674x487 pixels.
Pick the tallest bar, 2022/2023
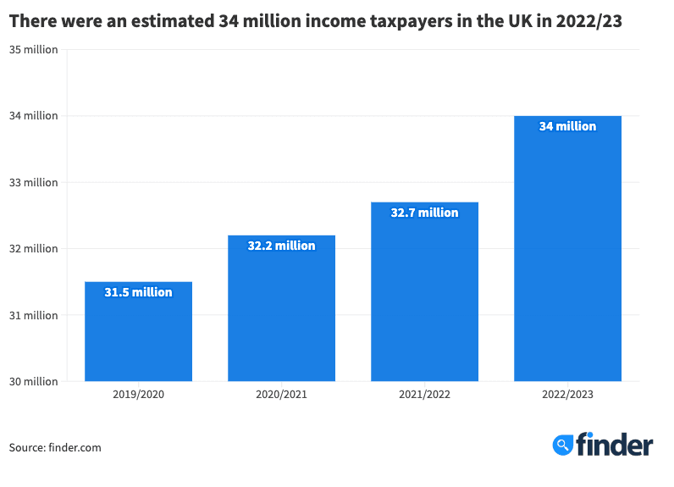point(567,254)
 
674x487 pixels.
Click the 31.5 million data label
point(138,292)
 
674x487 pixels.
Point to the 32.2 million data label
point(281,246)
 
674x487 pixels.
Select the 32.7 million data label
point(424,213)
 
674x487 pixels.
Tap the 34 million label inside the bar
point(567,126)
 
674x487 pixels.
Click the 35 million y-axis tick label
point(34,49)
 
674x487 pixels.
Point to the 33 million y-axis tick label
point(34,182)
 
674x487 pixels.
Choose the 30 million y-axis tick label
point(34,382)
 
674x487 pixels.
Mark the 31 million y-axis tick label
point(34,315)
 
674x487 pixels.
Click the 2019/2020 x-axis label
point(138,396)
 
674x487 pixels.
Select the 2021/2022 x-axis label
point(424,396)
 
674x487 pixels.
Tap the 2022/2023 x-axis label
point(567,396)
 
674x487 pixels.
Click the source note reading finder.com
point(55,447)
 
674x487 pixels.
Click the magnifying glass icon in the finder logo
point(563,445)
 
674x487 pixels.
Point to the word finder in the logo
point(615,445)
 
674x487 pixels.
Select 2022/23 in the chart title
point(589,23)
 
